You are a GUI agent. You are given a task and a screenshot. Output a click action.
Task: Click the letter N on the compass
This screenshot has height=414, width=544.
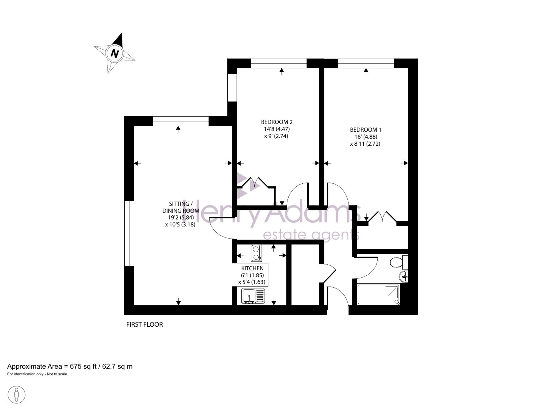(x=115, y=53)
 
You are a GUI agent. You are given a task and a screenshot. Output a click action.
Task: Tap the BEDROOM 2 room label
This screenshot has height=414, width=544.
(x=277, y=122)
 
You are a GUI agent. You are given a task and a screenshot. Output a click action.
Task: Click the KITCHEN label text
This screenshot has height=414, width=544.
(x=252, y=268)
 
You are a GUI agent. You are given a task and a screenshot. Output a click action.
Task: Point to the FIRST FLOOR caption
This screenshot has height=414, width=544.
(x=144, y=324)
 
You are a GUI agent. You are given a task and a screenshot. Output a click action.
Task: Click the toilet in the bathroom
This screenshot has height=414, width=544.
(x=399, y=262)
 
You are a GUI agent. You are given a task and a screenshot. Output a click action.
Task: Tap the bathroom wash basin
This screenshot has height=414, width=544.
(x=404, y=277)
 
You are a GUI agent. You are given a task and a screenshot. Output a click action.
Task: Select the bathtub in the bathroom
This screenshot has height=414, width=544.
(x=378, y=294)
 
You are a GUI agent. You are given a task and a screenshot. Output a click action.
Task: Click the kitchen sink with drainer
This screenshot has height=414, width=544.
(x=253, y=296)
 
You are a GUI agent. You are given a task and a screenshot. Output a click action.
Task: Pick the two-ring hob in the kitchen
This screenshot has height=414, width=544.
(x=256, y=253)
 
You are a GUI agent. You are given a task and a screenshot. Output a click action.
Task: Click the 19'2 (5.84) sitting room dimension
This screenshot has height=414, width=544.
(x=181, y=217)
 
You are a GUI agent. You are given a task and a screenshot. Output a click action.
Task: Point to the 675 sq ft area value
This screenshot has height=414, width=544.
(x=83, y=366)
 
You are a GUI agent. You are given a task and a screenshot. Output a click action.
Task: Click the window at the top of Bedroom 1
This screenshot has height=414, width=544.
(x=366, y=63)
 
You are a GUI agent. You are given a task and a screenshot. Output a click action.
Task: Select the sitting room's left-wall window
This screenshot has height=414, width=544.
(x=129, y=233)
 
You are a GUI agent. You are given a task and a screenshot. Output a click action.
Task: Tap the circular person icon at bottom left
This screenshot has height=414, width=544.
(x=17, y=395)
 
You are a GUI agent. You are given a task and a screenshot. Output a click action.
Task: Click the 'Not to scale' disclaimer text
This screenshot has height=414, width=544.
(x=57, y=374)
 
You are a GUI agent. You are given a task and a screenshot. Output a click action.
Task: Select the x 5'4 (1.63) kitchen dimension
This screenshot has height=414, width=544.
(x=252, y=282)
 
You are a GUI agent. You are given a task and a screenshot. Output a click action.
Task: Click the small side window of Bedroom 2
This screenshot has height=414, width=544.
(x=232, y=88)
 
